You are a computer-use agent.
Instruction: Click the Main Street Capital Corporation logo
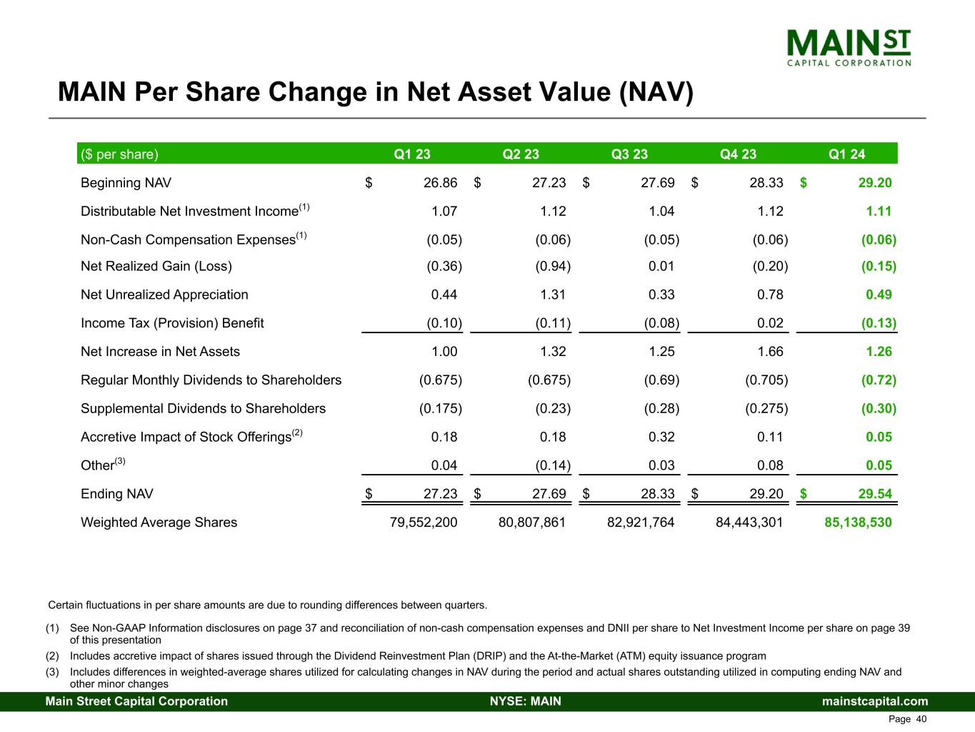[x=849, y=47]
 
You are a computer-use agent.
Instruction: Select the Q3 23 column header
[x=629, y=154]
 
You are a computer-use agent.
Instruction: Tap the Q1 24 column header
[x=846, y=154]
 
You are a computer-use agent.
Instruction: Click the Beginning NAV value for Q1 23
[x=440, y=183]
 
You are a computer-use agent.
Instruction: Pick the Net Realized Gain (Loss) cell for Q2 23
[x=553, y=267]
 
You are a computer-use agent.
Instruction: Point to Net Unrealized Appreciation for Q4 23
[x=770, y=295]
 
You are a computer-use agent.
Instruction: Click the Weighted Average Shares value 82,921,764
[x=640, y=523]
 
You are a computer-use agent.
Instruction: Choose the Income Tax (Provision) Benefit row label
[x=172, y=323]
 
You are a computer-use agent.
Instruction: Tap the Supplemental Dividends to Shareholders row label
[x=203, y=408]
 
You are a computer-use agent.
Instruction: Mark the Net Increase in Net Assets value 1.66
[x=770, y=352]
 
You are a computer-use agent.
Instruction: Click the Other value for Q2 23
[x=553, y=465]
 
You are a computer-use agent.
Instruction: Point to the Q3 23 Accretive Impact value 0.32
[x=661, y=437]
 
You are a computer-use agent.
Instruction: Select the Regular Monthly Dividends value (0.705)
[x=766, y=380]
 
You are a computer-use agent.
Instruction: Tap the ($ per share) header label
[x=119, y=154]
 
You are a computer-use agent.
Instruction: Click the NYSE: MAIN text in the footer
[x=525, y=701]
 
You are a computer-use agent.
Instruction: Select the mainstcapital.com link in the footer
[x=875, y=701]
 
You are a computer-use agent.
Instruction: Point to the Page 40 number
[x=907, y=719]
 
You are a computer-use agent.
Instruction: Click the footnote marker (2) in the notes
[x=52, y=656]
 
